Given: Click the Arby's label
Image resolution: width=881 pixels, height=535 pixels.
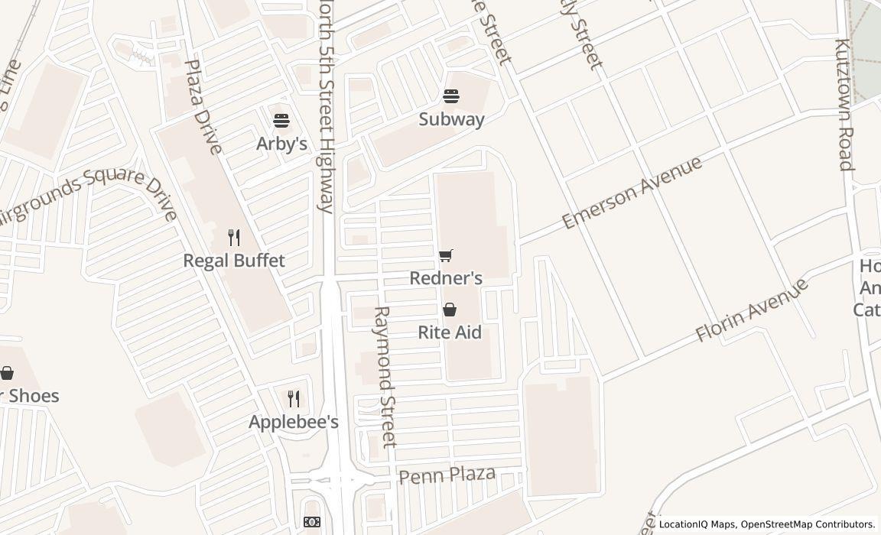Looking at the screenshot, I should click(x=281, y=144).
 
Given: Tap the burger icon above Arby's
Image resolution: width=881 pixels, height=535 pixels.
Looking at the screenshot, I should click(x=281, y=120).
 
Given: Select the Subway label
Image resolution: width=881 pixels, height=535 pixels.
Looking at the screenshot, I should click(x=451, y=119).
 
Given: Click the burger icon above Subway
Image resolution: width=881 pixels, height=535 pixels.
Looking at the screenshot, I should click(x=451, y=96).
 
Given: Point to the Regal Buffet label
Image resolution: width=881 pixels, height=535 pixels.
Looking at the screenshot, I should click(x=234, y=261).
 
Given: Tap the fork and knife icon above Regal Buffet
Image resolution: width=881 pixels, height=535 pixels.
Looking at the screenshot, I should click(x=234, y=238).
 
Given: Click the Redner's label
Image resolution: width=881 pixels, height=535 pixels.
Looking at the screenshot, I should click(x=446, y=278).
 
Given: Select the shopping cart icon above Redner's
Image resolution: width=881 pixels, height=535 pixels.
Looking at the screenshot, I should click(x=446, y=255).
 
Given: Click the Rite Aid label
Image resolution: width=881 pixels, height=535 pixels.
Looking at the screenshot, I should click(x=450, y=332).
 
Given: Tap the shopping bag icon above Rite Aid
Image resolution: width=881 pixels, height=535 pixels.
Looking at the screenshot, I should click(x=450, y=310).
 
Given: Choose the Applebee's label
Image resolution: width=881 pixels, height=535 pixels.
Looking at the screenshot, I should click(x=294, y=422).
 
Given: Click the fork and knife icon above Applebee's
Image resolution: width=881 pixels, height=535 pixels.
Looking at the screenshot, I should click(x=294, y=398).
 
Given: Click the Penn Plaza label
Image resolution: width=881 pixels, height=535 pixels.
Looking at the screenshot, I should click(x=447, y=475).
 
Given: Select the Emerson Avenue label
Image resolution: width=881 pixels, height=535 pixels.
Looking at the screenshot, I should click(x=632, y=193).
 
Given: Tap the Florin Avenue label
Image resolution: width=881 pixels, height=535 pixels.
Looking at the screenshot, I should click(x=751, y=310).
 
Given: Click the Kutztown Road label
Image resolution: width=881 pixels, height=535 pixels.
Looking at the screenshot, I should click(x=844, y=104).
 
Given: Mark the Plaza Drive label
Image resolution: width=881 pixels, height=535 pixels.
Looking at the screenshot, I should click(x=203, y=107).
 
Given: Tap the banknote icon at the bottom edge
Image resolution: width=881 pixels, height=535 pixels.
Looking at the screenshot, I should click(x=311, y=522).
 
